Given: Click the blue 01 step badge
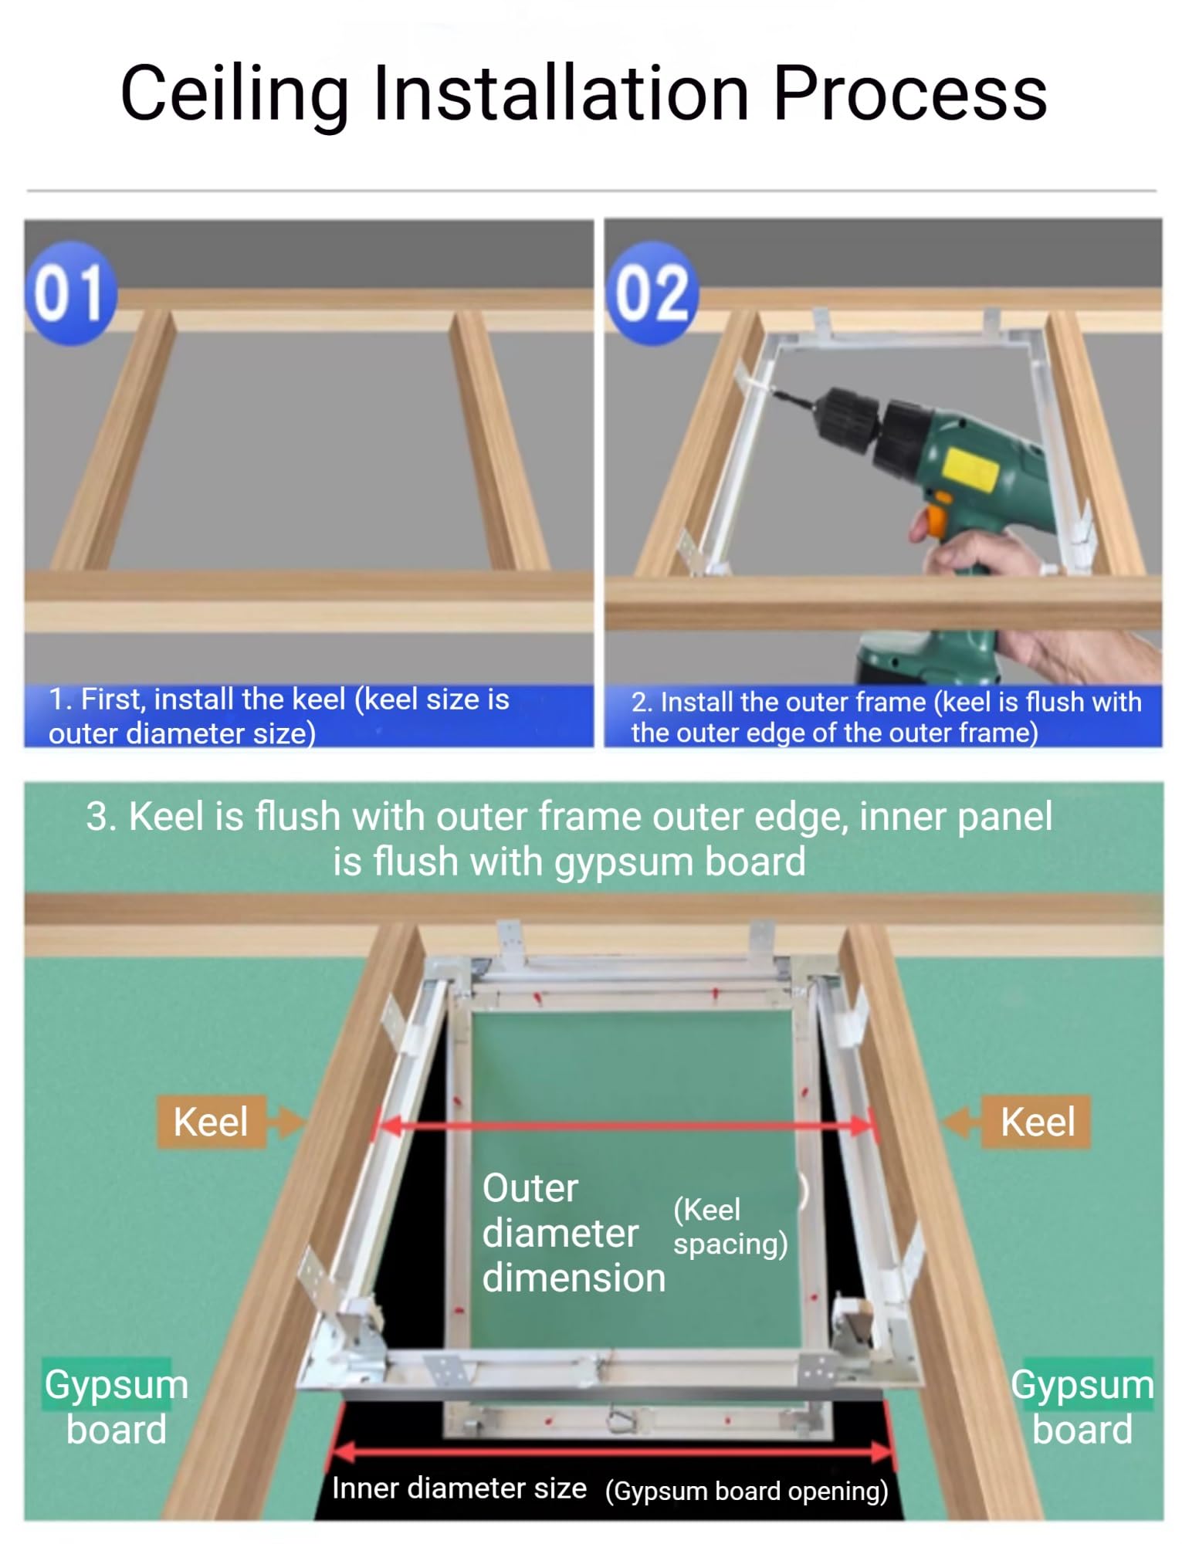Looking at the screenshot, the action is tap(71, 293).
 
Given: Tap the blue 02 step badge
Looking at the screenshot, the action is tap(652, 293).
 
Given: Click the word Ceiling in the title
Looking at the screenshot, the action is tap(235, 94).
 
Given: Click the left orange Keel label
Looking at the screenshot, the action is tap(211, 1122).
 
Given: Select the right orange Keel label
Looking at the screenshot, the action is tap(1036, 1122).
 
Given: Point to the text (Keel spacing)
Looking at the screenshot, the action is tap(730, 1227).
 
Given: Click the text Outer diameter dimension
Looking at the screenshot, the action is tap(574, 1233).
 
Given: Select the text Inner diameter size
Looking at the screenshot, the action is tap(459, 1488).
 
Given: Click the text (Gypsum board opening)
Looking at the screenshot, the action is tap(747, 1491).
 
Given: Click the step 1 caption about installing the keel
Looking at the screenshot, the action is tap(279, 716).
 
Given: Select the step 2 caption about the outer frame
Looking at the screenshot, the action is tap(886, 717).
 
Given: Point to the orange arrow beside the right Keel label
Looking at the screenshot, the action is tap(962, 1122).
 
